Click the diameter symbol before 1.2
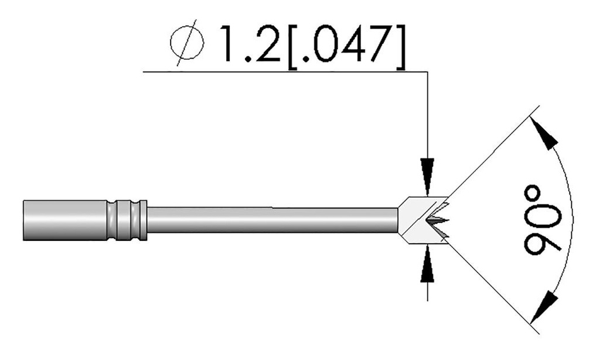pos(187,45)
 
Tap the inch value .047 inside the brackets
pos(346,44)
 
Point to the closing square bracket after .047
pos(399,45)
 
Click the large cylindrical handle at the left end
pos(64,220)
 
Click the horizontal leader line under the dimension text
pos(281,72)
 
